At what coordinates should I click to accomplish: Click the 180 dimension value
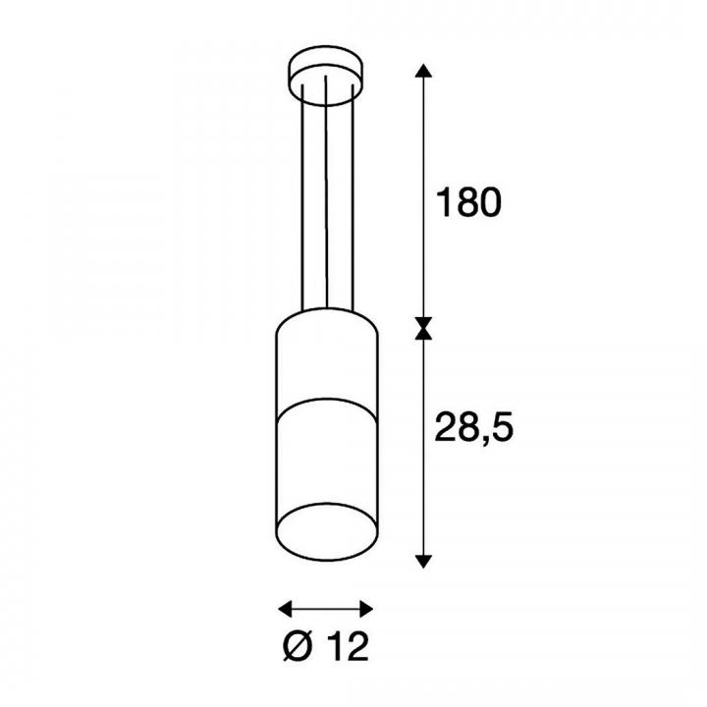468,202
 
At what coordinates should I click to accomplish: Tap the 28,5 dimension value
474,427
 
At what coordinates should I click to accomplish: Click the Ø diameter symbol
299,647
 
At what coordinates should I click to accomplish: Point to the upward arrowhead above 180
423,71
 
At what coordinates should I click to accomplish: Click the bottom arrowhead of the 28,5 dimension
423,562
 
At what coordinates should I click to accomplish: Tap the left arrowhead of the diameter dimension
286,609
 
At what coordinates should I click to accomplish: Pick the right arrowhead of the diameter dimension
365,609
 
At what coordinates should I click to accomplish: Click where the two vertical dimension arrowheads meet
423,328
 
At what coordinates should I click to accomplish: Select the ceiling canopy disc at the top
326,75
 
